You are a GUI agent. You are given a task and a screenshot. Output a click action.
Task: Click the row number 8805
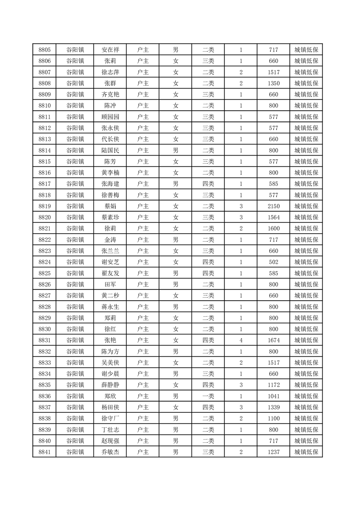tap(44, 50)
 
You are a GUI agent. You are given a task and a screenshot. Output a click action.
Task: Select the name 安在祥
tap(110, 50)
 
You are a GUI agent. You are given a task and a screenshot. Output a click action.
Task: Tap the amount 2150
tap(274, 206)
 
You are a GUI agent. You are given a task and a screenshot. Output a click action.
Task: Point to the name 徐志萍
tap(110, 72)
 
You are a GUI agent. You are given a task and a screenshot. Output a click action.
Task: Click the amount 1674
tap(274, 340)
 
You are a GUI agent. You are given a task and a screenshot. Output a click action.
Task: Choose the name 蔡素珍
tap(110, 217)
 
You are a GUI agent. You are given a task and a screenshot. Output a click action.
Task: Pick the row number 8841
tap(44, 452)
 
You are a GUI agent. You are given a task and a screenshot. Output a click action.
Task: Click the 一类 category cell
tap(208, 396)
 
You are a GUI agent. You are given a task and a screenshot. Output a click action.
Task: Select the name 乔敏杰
tap(110, 452)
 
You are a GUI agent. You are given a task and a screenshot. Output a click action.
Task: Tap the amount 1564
tap(274, 217)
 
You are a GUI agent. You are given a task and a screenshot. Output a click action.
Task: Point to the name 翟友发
tap(110, 273)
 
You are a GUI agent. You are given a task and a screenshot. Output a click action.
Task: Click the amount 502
tap(274, 262)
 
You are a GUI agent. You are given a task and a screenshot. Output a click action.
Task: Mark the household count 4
tap(241, 340)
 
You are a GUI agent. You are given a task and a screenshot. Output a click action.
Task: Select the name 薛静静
tap(110, 385)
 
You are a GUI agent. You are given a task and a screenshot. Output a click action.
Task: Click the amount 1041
tap(274, 396)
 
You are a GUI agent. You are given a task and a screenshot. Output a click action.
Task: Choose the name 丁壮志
tap(110, 430)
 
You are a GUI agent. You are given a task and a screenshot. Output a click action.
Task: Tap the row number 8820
tap(44, 217)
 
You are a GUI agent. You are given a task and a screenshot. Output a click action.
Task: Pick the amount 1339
tap(274, 407)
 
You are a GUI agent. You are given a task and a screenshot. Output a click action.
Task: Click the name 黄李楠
tap(110, 173)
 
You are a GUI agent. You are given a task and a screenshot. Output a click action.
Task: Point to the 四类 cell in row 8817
tap(208, 184)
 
